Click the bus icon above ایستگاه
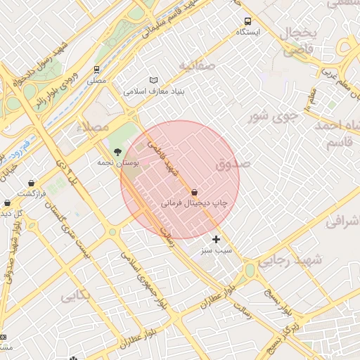click(x=247, y=21)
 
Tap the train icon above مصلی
click(x=95, y=70)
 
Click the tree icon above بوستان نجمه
click(x=117, y=151)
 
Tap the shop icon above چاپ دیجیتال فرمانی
click(x=194, y=191)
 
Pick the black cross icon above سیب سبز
click(x=216, y=239)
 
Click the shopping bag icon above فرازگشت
click(x=32, y=183)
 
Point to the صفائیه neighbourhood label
click(x=195, y=66)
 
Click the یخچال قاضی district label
click(x=301, y=41)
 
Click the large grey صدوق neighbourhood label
click(x=233, y=165)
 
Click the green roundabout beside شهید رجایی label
click(x=249, y=270)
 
